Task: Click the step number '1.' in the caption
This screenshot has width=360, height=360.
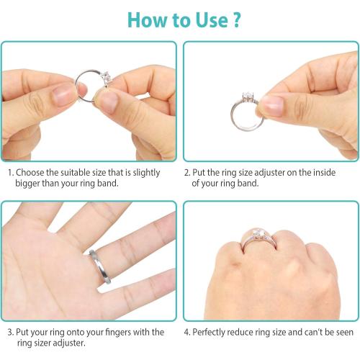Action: [x=10, y=173]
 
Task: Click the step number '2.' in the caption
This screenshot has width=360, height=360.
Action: [x=187, y=173]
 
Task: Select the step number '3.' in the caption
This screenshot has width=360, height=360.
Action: [x=10, y=332]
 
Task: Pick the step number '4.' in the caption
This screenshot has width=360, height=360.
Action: [x=187, y=332]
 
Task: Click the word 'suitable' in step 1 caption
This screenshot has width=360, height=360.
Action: [x=78, y=173]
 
